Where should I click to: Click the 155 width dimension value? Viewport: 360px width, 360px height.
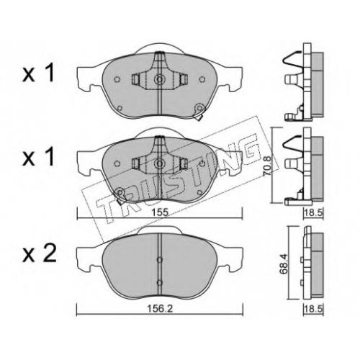159,212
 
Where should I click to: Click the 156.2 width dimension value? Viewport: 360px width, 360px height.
160,309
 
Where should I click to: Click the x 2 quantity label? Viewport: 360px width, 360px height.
39,253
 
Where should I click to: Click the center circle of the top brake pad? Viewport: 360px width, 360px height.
159,78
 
